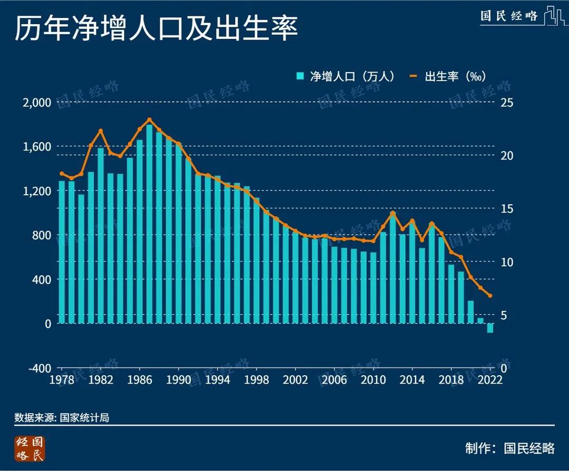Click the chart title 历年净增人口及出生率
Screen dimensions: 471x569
pos(156,29)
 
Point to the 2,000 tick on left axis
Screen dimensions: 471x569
pos(35,102)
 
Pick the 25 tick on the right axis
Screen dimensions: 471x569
pos(506,102)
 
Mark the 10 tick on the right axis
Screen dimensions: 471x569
pos(506,262)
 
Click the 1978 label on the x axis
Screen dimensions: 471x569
pos(62,380)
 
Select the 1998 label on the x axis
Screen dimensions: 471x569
pos(256,380)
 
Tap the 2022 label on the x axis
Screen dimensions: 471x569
pos(489,380)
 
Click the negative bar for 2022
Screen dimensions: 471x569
pos(490,328)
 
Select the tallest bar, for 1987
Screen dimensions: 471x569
pos(149,224)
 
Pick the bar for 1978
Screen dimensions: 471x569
pos(62,252)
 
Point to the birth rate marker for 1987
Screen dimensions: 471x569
pos(149,120)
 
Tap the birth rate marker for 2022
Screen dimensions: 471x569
pos(490,296)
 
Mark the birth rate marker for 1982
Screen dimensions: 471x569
pos(101,131)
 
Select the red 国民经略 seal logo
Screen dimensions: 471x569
pos(30,449)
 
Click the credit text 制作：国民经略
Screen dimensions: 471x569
pos(509,448)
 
